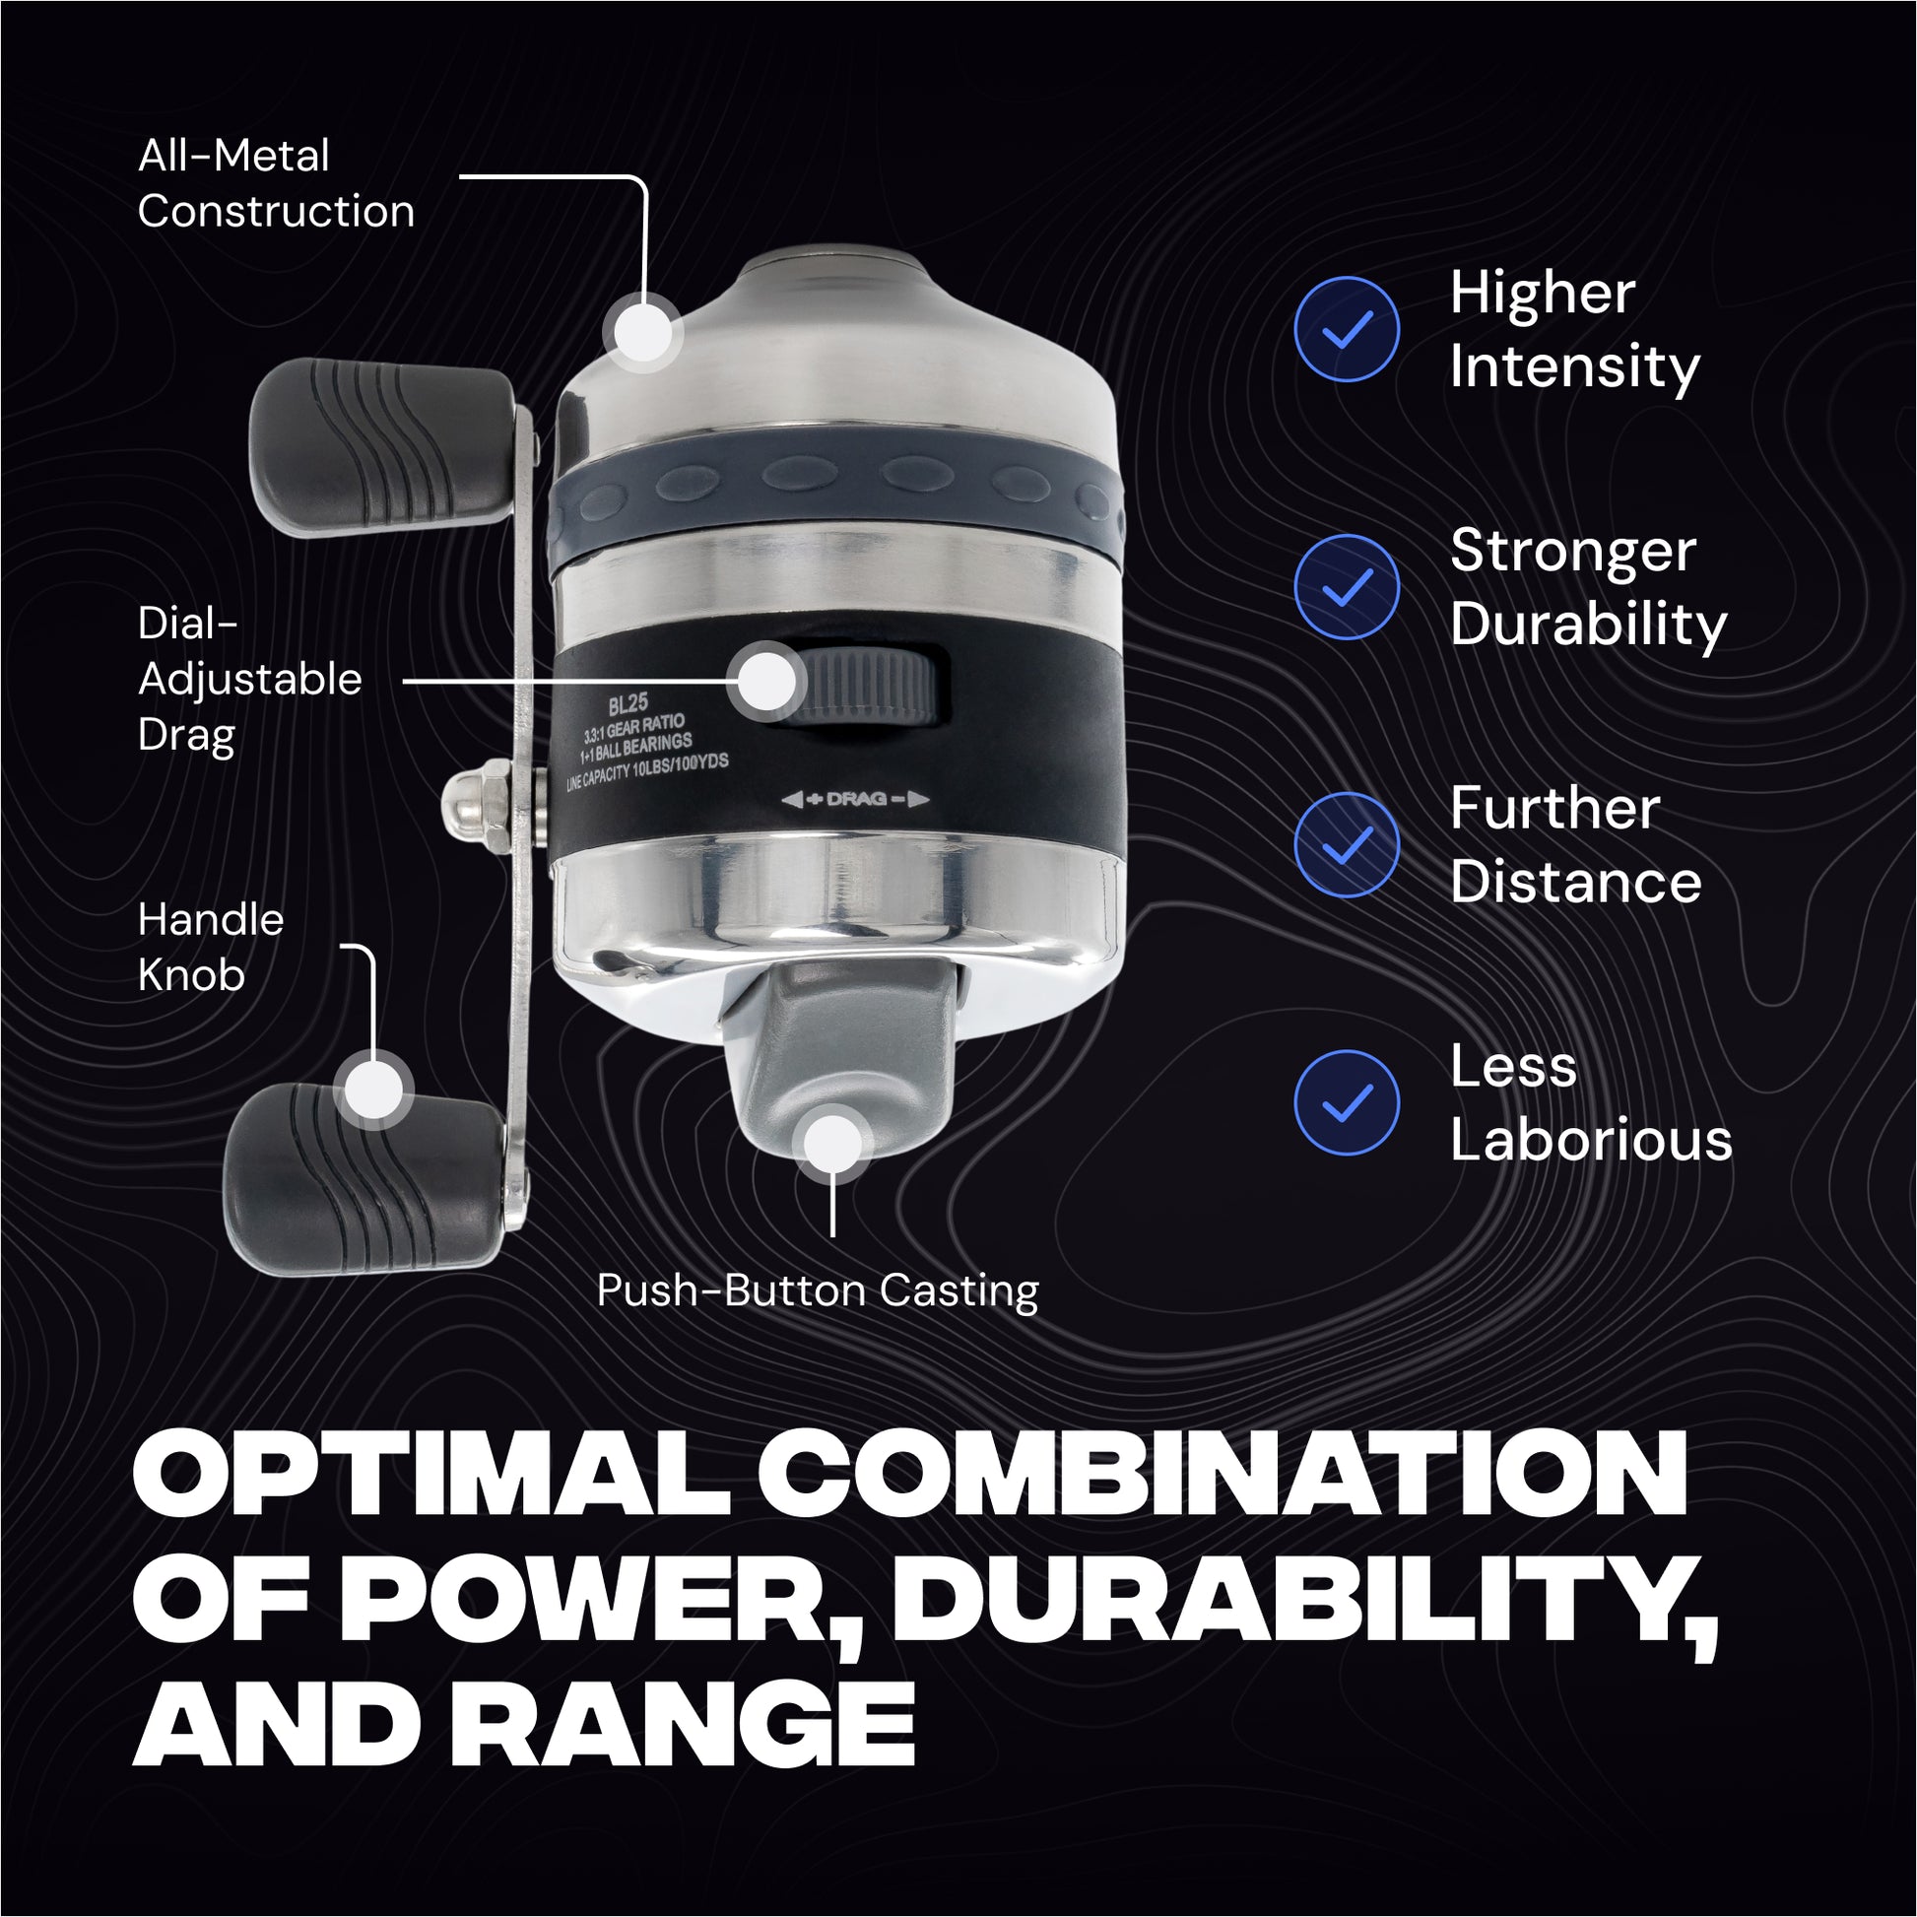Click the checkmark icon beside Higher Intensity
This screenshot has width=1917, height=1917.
coord(1347,328)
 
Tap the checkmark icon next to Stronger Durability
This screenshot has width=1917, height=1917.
coord(1347,586)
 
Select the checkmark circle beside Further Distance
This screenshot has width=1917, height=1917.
coord(1347,844)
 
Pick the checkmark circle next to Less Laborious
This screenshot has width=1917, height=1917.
coord(1347,1102)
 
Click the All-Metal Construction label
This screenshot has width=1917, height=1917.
coord(276,183)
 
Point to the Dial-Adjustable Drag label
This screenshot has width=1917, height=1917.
coord(250,681)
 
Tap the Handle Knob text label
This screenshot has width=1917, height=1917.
coord(211,947)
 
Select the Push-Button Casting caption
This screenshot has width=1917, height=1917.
coord(818,1290)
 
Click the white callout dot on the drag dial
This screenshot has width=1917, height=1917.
coord(766,681)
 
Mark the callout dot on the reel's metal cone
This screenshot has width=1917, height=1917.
coord(644,332)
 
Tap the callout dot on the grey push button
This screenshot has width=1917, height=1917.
coord(833,1143)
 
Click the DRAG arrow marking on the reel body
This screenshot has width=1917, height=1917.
coord(855,799)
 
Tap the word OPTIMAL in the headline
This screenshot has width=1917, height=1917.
coord(431,1478)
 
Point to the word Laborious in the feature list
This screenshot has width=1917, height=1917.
coord(1591,1139)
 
